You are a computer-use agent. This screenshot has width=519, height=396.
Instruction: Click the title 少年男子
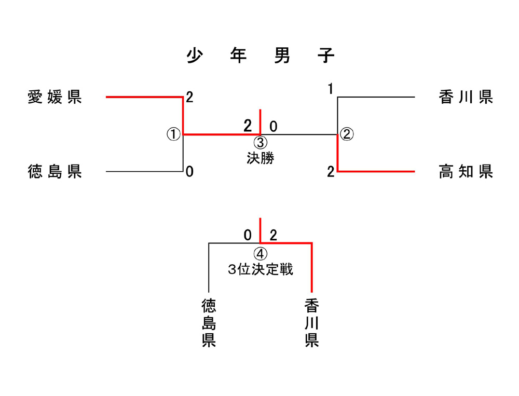pyautogui.click(x=261, y=56)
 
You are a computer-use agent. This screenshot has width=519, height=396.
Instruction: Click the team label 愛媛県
pyautogui.click(x=55, y=97)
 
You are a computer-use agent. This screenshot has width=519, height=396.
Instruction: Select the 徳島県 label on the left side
pyautogui.click(x=55, y=171)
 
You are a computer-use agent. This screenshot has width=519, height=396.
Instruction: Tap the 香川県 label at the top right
pyautogui.click(x=466, y=97)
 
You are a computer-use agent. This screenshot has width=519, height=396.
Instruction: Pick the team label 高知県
pyautogui.click(x=466, y=171)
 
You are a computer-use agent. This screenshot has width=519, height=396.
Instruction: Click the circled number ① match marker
pyautogui.click(x=173, y=134)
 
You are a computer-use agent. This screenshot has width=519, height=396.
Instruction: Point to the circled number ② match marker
pyautogui.click(x=347, y=134)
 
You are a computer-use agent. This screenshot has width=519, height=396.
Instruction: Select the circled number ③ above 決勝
pyautogui.click(x=260, y=142)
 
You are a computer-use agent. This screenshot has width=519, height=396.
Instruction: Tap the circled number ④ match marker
pyautogui.click(x=260, y=254)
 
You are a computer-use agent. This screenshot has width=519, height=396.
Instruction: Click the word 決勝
pyautogui.click(x=260, y=157)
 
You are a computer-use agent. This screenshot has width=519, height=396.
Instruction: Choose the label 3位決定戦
pyautogui.click(x=260, y=269)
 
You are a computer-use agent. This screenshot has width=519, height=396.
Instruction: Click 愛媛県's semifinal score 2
pyautogui.click(x=189, y=97)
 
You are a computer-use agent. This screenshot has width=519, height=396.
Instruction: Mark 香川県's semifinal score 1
pyautogui.click(x=330, y=89)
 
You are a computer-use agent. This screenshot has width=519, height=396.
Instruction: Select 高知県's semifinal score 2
pyautogui.click(x=331, y=172)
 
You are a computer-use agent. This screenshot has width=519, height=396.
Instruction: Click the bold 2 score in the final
pyautogui.click(x=248, y=126)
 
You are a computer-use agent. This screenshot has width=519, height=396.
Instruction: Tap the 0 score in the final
pyautogui.click(x=273, y=126)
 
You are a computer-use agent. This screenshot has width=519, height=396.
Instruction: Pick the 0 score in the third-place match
pyautogui.click(x=248, y=235)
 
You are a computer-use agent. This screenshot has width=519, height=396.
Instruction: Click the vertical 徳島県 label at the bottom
pyautogui.click(x=209, y=322)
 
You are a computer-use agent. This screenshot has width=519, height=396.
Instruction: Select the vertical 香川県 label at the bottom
pyautogui.click(x=311, y=322)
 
